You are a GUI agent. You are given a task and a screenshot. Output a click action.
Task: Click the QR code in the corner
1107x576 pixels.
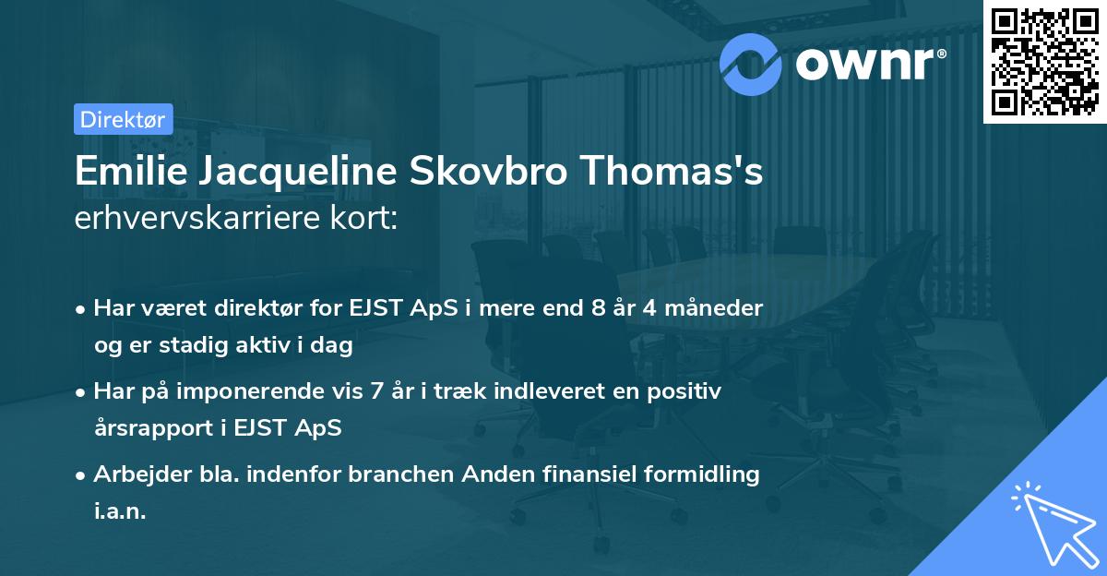point(1044,62)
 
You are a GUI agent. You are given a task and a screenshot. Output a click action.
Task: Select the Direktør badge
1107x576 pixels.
point(123,119)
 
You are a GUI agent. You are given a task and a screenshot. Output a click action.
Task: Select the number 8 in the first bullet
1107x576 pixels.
point(601,308)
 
